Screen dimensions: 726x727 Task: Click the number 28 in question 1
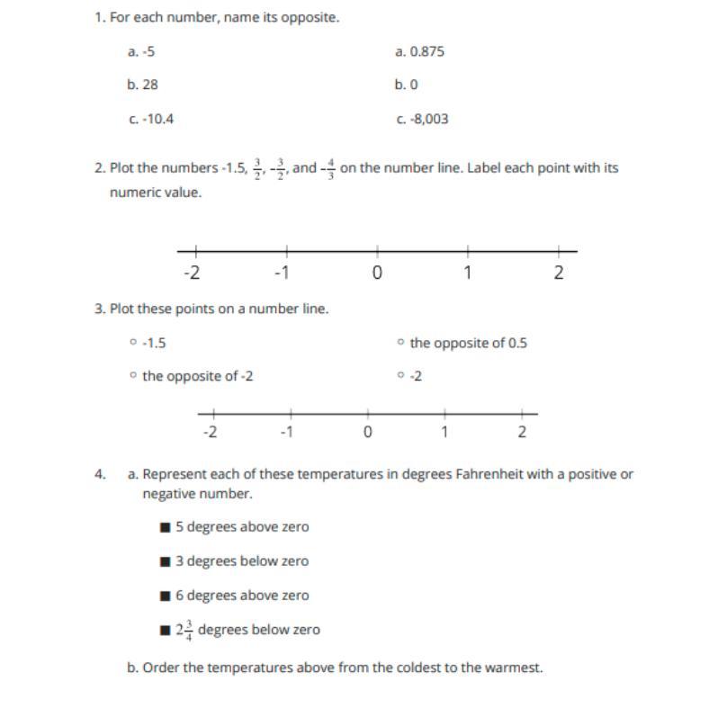(150, 85)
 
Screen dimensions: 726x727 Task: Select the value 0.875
(426, 51)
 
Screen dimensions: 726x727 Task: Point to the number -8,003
(428, 119)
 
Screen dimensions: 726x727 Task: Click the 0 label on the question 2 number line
(377, 273)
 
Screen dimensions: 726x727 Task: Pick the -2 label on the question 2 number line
(192, 273)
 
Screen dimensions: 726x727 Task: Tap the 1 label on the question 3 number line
(444, 432)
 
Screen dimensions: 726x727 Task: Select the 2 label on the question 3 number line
(522, 432)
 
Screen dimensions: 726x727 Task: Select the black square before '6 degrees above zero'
(165, 596)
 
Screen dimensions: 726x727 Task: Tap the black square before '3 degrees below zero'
(165, 561)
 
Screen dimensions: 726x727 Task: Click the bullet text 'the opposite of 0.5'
(468, 343)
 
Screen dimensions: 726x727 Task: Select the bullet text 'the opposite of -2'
(197, 376)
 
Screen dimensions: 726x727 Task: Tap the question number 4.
(100, 474)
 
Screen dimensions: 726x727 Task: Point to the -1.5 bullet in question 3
(154, 343)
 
